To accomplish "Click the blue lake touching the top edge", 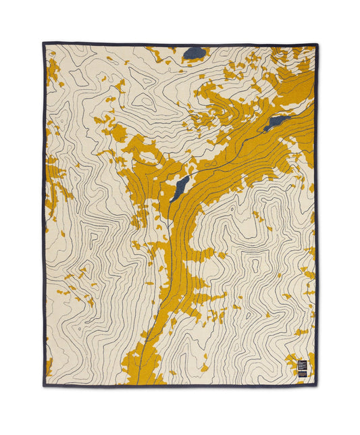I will coord(195,51).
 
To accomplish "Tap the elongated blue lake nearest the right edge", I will coord(277,123).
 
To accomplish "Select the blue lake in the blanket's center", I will coord(180,188).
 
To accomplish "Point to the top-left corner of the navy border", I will coord(44,44).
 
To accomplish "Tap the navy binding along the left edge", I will coord(44,216).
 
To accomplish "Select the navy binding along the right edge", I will coord(316,216).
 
